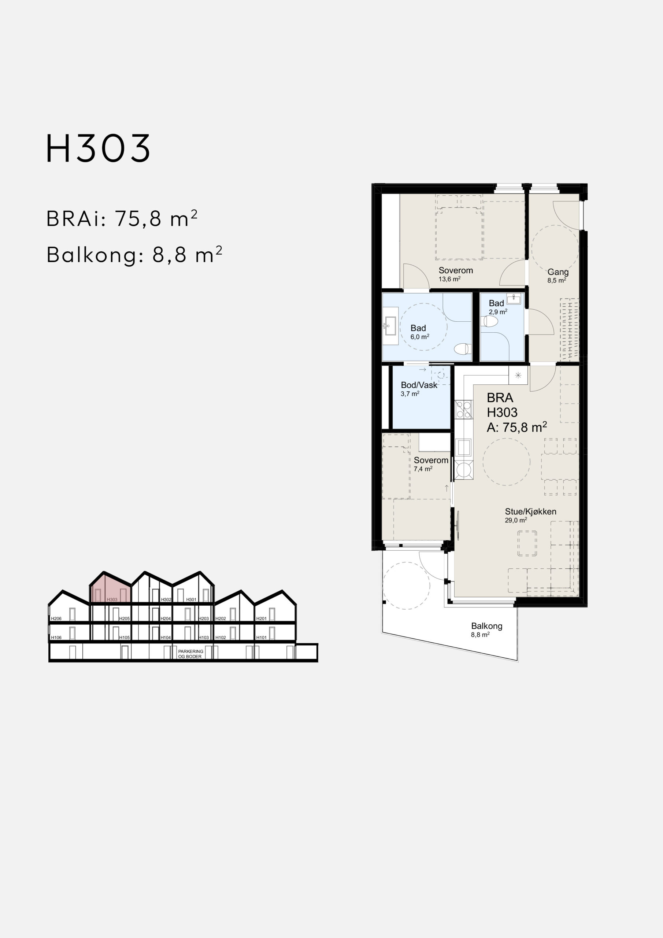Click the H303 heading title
pos(99,148)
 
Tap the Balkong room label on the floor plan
pos(486,626)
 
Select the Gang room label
pos(558,272)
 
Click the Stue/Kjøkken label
pos(530,512)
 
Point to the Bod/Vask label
pos(419,385)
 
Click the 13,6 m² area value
pos(449,280)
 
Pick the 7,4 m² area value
pos(423,469)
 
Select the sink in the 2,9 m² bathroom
pos(514,299)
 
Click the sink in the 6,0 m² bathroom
pos(390,326)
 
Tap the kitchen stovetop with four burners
pos(464,410)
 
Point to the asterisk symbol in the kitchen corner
pos(518,375)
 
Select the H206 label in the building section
pos(56,618)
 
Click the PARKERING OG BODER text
pos(190,654)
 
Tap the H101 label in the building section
pos(262,637)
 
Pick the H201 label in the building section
pos(262,618)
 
